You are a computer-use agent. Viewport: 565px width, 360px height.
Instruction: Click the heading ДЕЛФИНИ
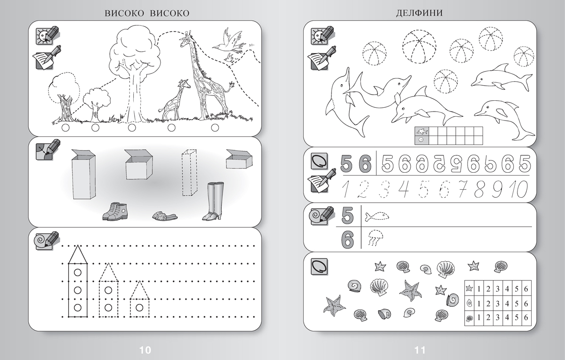click(419, 13)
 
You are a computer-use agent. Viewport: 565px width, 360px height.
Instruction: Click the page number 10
click(145, 350)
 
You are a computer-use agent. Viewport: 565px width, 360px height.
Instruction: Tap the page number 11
click(420, 350)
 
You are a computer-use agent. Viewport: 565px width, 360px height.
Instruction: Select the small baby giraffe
click(174, 100)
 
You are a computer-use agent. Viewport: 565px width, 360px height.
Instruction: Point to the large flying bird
click(229, 41)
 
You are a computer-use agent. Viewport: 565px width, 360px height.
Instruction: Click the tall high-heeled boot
click(213, 201)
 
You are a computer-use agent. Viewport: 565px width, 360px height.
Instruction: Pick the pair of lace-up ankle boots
click(115, 211)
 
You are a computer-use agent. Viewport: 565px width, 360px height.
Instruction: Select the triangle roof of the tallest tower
click(78, 255)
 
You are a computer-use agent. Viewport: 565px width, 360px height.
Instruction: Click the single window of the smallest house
click(139, 308)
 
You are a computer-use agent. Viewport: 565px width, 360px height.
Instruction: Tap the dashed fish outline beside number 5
click(377, 216)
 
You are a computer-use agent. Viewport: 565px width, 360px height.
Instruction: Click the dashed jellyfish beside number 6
click(376, 238)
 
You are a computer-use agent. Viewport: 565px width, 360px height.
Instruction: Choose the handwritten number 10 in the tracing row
click(518, 189)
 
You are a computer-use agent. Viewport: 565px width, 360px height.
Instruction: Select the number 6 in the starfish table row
click(526, 288)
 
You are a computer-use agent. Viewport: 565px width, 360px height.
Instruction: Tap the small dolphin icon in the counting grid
click(422, 131)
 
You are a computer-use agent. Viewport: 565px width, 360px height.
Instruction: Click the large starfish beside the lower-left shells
click(334, 306)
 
